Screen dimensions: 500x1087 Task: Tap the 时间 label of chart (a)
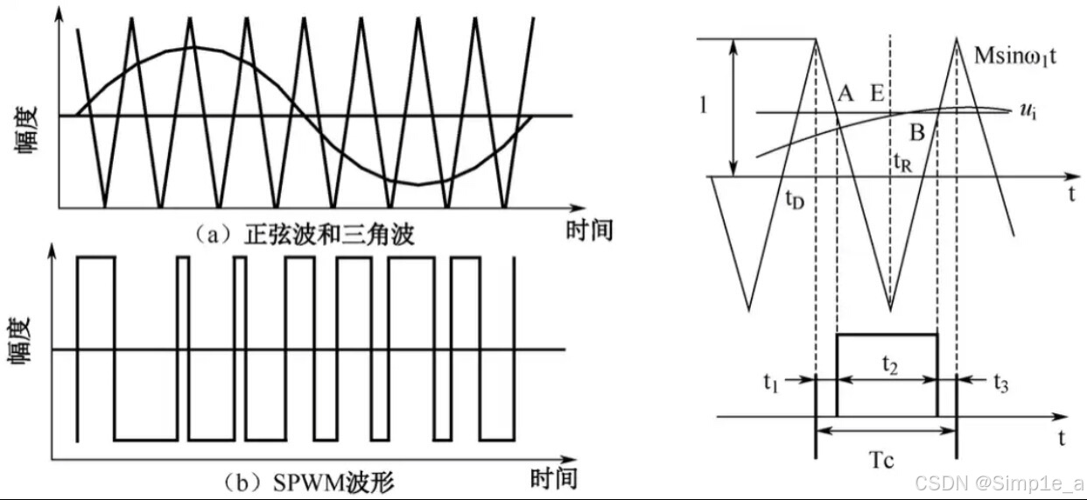click(589, 230)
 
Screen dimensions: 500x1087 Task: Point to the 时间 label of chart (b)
click(554, 479)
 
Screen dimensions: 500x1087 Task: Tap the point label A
click(845, 93)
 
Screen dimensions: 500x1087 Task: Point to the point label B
click(916, 133)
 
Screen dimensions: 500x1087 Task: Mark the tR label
click(901, 164)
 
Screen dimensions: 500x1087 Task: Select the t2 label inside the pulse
click(888, 363)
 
